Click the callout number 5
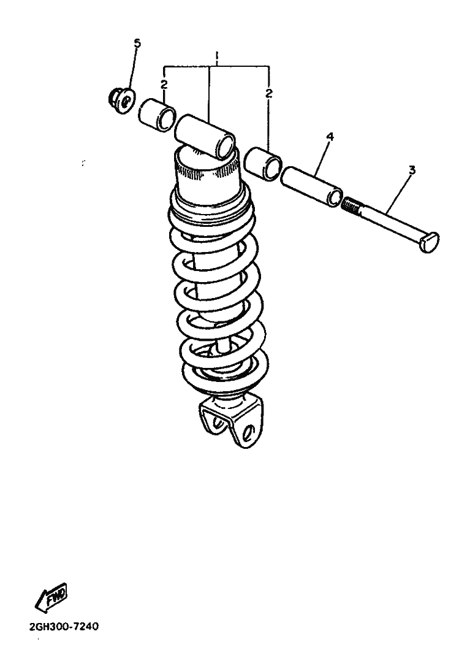(137, 43)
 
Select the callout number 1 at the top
(217, 56)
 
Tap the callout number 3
(412, 170)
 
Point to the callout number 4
(330, 137)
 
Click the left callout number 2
(164, 85)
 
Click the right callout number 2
(269, 93)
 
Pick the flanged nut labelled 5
(121, 101)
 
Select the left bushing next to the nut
(157, 115)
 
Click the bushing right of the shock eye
(263, 164)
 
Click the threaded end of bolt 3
(351, 207)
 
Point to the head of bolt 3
(430, 242)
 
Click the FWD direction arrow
(51, 597)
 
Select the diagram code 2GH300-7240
(64, 627)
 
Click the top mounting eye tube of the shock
(205, 137)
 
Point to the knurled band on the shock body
(207, 172)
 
